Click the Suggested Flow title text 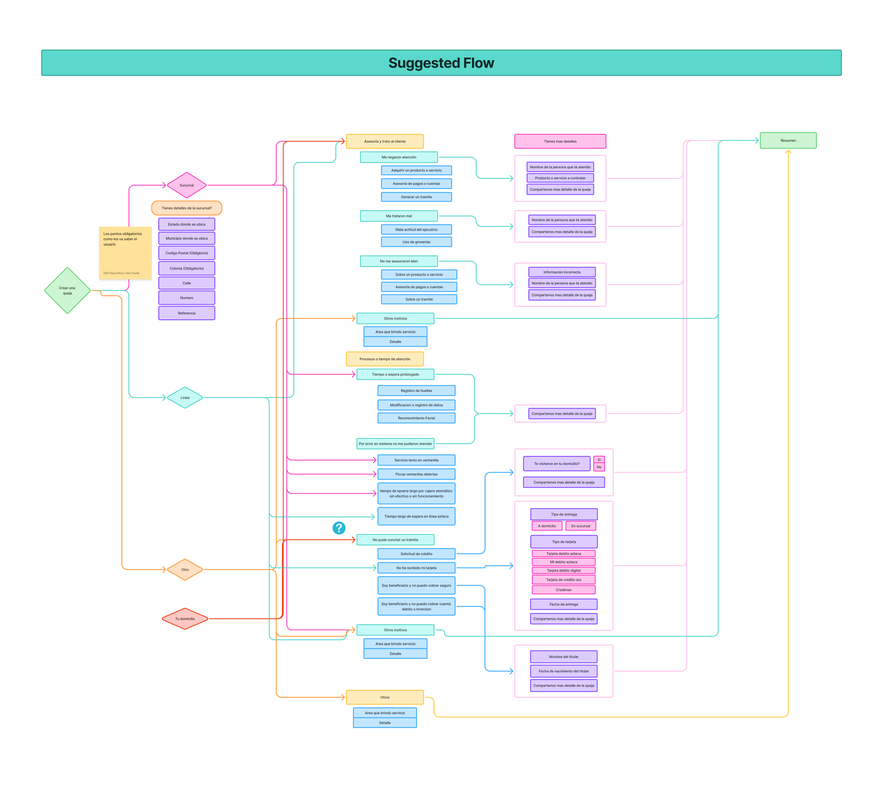pos(441,63)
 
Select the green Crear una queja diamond pos(68,290)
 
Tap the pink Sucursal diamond pos(187,185)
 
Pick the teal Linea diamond pos(185,398)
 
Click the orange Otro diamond pos(185,570)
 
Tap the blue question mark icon pos(339,528)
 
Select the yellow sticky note pos(125,253)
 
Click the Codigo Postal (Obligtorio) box pos(187,253)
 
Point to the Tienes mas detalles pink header pos(560,141)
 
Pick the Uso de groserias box pos(416,242)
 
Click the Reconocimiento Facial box pos(416,418)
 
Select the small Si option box pos(599,460)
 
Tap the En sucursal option pos(581,526)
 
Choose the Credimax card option pos(564,590)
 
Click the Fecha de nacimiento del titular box pos(564,671)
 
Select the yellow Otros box pos(385,697)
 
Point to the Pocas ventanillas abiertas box pos(416,474)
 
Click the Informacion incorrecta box pos(562,272)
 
